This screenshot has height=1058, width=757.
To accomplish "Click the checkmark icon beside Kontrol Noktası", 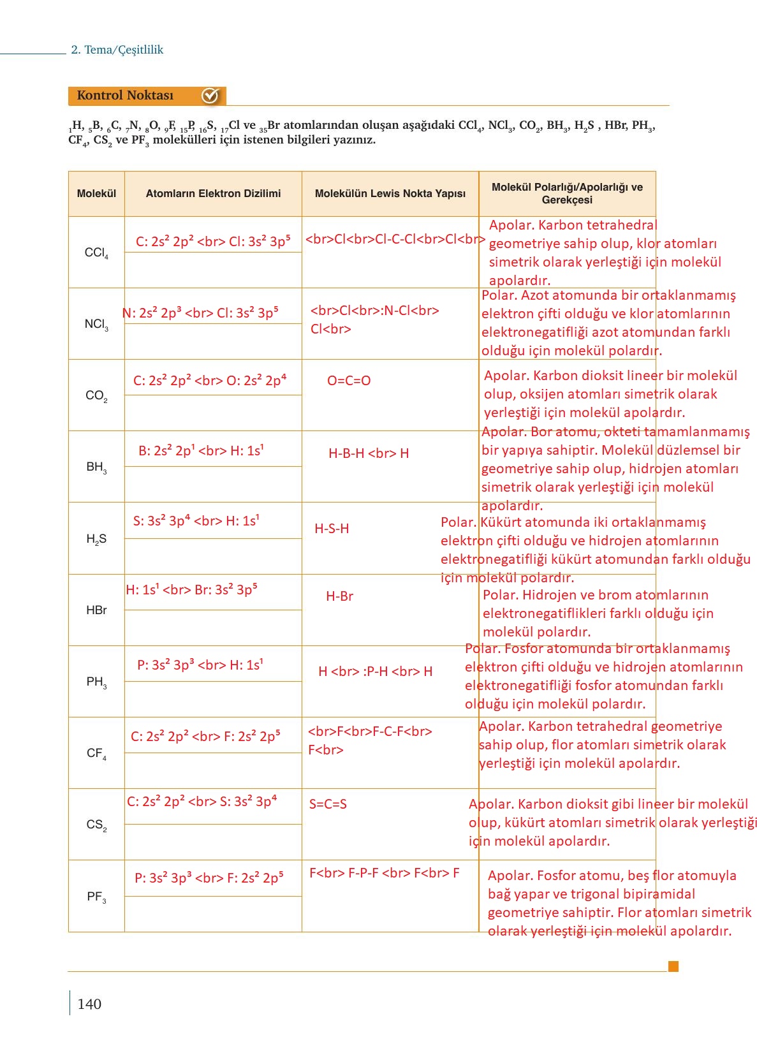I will tap(210, 96).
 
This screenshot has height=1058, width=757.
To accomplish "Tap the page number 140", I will tap(89, 1004).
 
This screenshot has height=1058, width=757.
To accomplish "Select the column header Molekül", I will tap(96, 193).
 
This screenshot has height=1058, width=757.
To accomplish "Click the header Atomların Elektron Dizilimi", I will tap(213, 193).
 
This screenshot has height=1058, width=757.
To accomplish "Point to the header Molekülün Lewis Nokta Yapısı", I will tap(390, 193).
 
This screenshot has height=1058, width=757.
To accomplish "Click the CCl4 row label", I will tap(96, 253).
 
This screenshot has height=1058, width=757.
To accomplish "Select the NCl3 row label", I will tap(96, 324).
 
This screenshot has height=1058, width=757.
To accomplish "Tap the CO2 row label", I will tap(96, 395).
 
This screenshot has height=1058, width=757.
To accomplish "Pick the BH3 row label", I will tap(96, 467).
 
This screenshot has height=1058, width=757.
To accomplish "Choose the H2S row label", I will tap(96, 539).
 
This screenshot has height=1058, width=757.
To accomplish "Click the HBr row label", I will tap(96, 610).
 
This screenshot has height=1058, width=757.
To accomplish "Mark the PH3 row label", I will tap(96, 682).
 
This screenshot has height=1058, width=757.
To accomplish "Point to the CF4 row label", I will tap(96, 753).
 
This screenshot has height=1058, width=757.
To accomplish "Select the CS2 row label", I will tap(96, 825).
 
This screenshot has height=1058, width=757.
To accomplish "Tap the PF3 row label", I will tap(96, 897).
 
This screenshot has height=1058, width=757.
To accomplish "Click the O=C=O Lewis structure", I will tap(349, 381).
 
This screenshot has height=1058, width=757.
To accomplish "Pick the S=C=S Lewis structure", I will tap(328, 804).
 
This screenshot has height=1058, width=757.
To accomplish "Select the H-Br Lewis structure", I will tap(339, 596).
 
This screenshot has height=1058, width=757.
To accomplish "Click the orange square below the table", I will tap(673, 966).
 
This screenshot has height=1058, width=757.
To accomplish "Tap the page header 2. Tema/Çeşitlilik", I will tap(117, 50).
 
